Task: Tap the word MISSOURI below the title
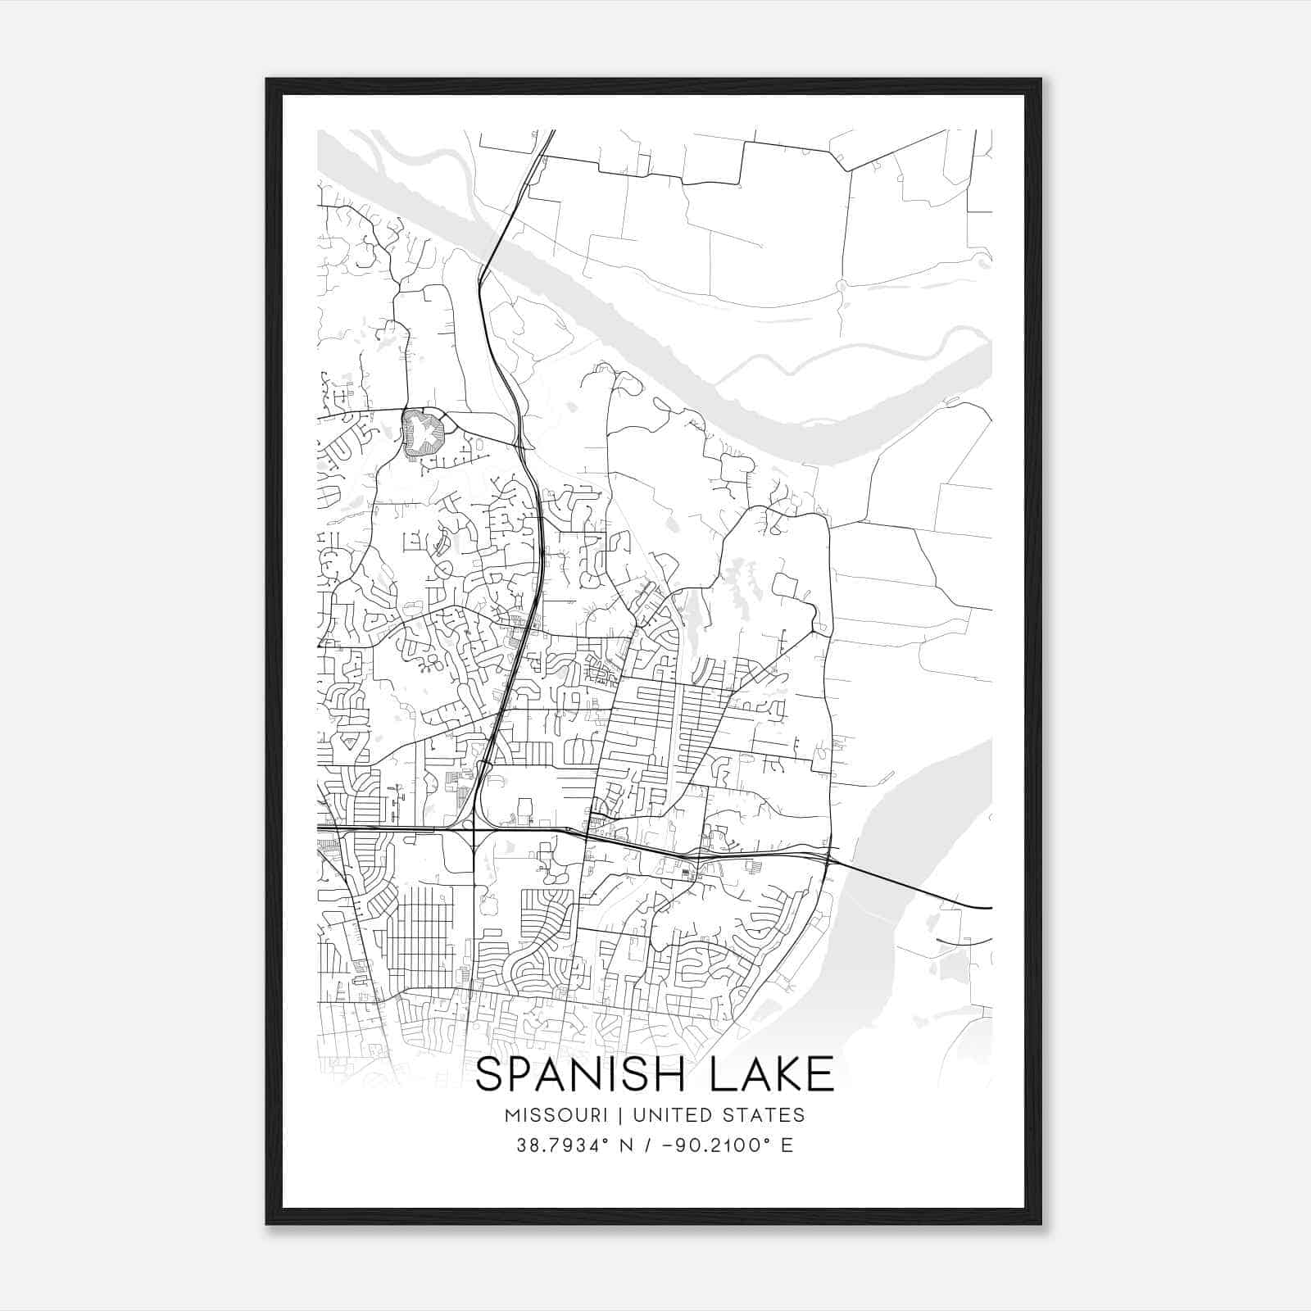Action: (556, 1115)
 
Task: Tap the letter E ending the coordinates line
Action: (787, 1145)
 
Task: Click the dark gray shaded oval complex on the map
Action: (424, 433)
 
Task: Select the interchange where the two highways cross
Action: (474, 830)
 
